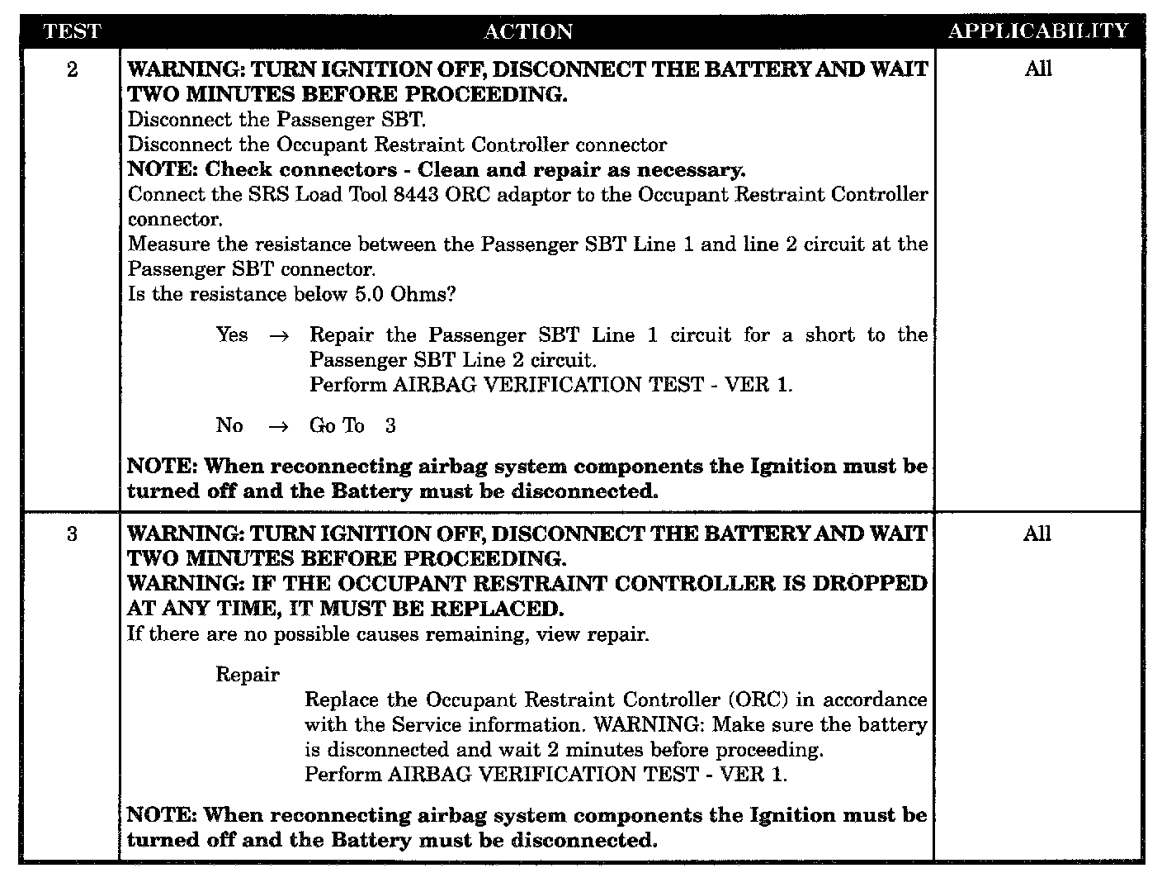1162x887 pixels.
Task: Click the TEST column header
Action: coord(72,31)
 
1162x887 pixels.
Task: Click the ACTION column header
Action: coord(528,31)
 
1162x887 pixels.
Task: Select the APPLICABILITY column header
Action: coord(1038,31)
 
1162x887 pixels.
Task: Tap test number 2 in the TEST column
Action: coord(72,69)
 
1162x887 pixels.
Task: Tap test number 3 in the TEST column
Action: coord(72,534)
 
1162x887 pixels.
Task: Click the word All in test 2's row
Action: coord(1038,69)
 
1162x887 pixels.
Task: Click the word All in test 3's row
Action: coord(1037,534)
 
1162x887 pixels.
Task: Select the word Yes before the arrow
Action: coord(232,334)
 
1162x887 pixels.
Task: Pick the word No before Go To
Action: coord(229,425)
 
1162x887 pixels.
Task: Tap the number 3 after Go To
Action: coord(390,425)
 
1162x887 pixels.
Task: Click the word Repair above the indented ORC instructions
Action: coord(248,675)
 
